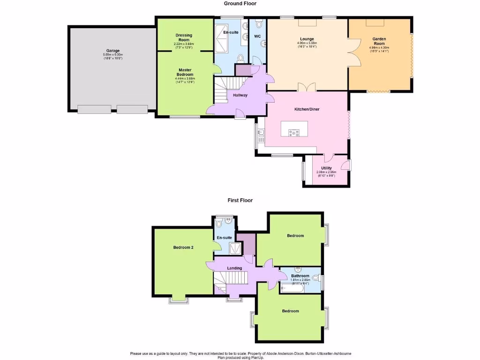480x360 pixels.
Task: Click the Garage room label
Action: tap(112, 51)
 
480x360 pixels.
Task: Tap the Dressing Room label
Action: tap(184, 37)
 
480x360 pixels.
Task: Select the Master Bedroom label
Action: tap(184, 72)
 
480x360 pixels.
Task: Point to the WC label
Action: tap(257, 36)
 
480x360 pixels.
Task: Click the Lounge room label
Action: tap(307, 39)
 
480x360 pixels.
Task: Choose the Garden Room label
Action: tap(379, 41)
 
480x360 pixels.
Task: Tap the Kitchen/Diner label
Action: tap(307, 109)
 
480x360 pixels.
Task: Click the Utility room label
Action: tap(326, 168)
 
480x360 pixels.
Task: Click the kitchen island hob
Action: tap(294, 132)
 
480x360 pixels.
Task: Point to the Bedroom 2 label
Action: tap(183, 247)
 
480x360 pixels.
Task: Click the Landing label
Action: tap(234, 268)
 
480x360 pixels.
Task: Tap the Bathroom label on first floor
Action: tap(300, 276)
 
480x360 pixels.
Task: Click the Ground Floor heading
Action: tap(240, 3)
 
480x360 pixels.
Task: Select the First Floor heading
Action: tap(240, 200)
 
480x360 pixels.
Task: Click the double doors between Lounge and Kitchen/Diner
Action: tap(307, 87)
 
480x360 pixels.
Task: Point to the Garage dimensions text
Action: tap(112, 56)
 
